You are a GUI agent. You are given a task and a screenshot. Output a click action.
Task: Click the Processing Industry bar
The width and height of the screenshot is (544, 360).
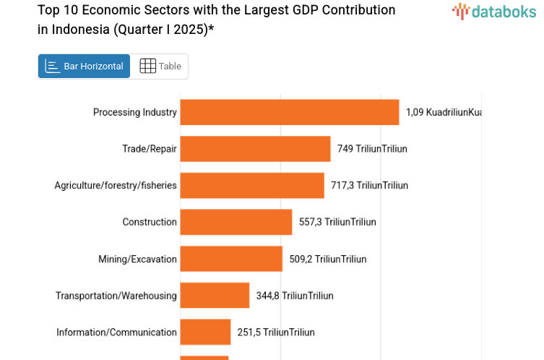click(289, 112)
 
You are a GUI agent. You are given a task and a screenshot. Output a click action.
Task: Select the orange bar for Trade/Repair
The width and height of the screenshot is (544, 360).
click(255, 149)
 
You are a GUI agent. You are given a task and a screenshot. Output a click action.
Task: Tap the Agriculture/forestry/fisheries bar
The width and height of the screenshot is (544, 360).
click(251, 186)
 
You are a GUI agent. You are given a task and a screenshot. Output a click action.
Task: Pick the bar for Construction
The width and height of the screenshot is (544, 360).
click(236, 222)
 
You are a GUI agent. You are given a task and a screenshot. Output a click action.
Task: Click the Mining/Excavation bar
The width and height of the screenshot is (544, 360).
click(231, 259)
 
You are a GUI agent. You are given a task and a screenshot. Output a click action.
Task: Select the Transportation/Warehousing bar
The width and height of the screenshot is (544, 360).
click(215, 296)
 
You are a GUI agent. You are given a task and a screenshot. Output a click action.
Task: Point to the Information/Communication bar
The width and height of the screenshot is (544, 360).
click(205, 333)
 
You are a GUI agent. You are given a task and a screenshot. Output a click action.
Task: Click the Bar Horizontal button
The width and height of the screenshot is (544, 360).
click(84, 67)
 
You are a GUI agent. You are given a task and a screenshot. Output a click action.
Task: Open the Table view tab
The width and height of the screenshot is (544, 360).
click(160, 67)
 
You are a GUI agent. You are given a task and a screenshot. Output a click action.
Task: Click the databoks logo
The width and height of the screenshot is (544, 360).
click(495, 11)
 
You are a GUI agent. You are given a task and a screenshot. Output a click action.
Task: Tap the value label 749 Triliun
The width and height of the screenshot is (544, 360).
click(372, 149)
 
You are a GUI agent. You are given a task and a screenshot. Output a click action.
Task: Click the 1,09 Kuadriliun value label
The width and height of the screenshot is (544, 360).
click(443, 112)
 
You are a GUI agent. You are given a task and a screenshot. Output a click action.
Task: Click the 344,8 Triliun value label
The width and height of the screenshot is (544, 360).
click(295, 296)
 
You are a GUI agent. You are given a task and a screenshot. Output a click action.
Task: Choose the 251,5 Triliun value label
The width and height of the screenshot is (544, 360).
click(276, 333)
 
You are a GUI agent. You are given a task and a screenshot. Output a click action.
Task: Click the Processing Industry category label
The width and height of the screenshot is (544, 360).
click(134, 112)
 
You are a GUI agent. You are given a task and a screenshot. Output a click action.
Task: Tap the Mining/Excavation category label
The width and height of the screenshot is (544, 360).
click(137, 259)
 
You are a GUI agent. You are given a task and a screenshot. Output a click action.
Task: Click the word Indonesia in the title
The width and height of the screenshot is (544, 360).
click(77, 29)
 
